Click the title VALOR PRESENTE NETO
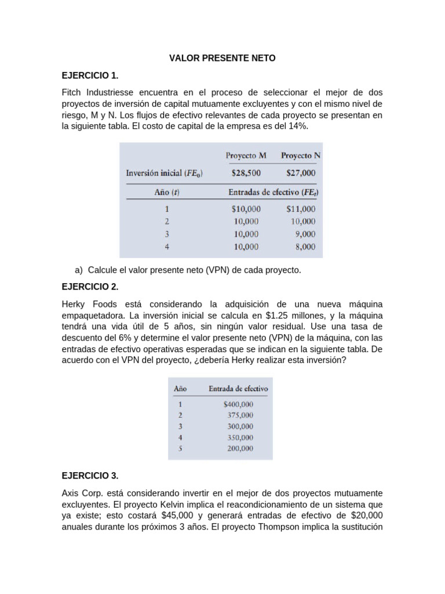click(222, 58)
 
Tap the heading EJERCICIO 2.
click(90, 287)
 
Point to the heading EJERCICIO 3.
click(90, 476)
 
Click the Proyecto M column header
click(246, 155)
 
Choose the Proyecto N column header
click(301, 155)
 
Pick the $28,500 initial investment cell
click(246, 173)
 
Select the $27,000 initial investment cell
click(301, 173)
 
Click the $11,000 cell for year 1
click(301, 209)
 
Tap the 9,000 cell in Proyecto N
click(305, 234)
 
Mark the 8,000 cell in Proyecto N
click(305, 247)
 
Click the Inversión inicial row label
click(164, 173)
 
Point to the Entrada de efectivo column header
click(238, 389)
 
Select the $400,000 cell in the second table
click(238, 404)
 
